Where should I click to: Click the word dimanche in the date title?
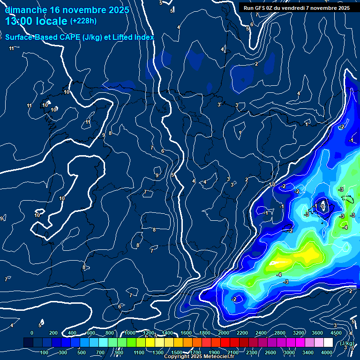coord(25,10)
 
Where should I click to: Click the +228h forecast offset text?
coord(83,21)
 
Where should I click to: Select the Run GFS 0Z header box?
coord(297,7)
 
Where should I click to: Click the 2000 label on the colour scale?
coord(223,333)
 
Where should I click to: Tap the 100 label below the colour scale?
coord(44,352)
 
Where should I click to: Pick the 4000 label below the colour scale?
coord(327,352)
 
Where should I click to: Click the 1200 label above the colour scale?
coord(148,333)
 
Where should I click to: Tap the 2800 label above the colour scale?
coord(279,333)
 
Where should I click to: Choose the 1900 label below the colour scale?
coord(214,352)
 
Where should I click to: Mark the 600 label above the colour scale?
coord(91,333)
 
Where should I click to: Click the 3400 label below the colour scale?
coord(308,352)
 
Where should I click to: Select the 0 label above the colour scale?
coord(32,333)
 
